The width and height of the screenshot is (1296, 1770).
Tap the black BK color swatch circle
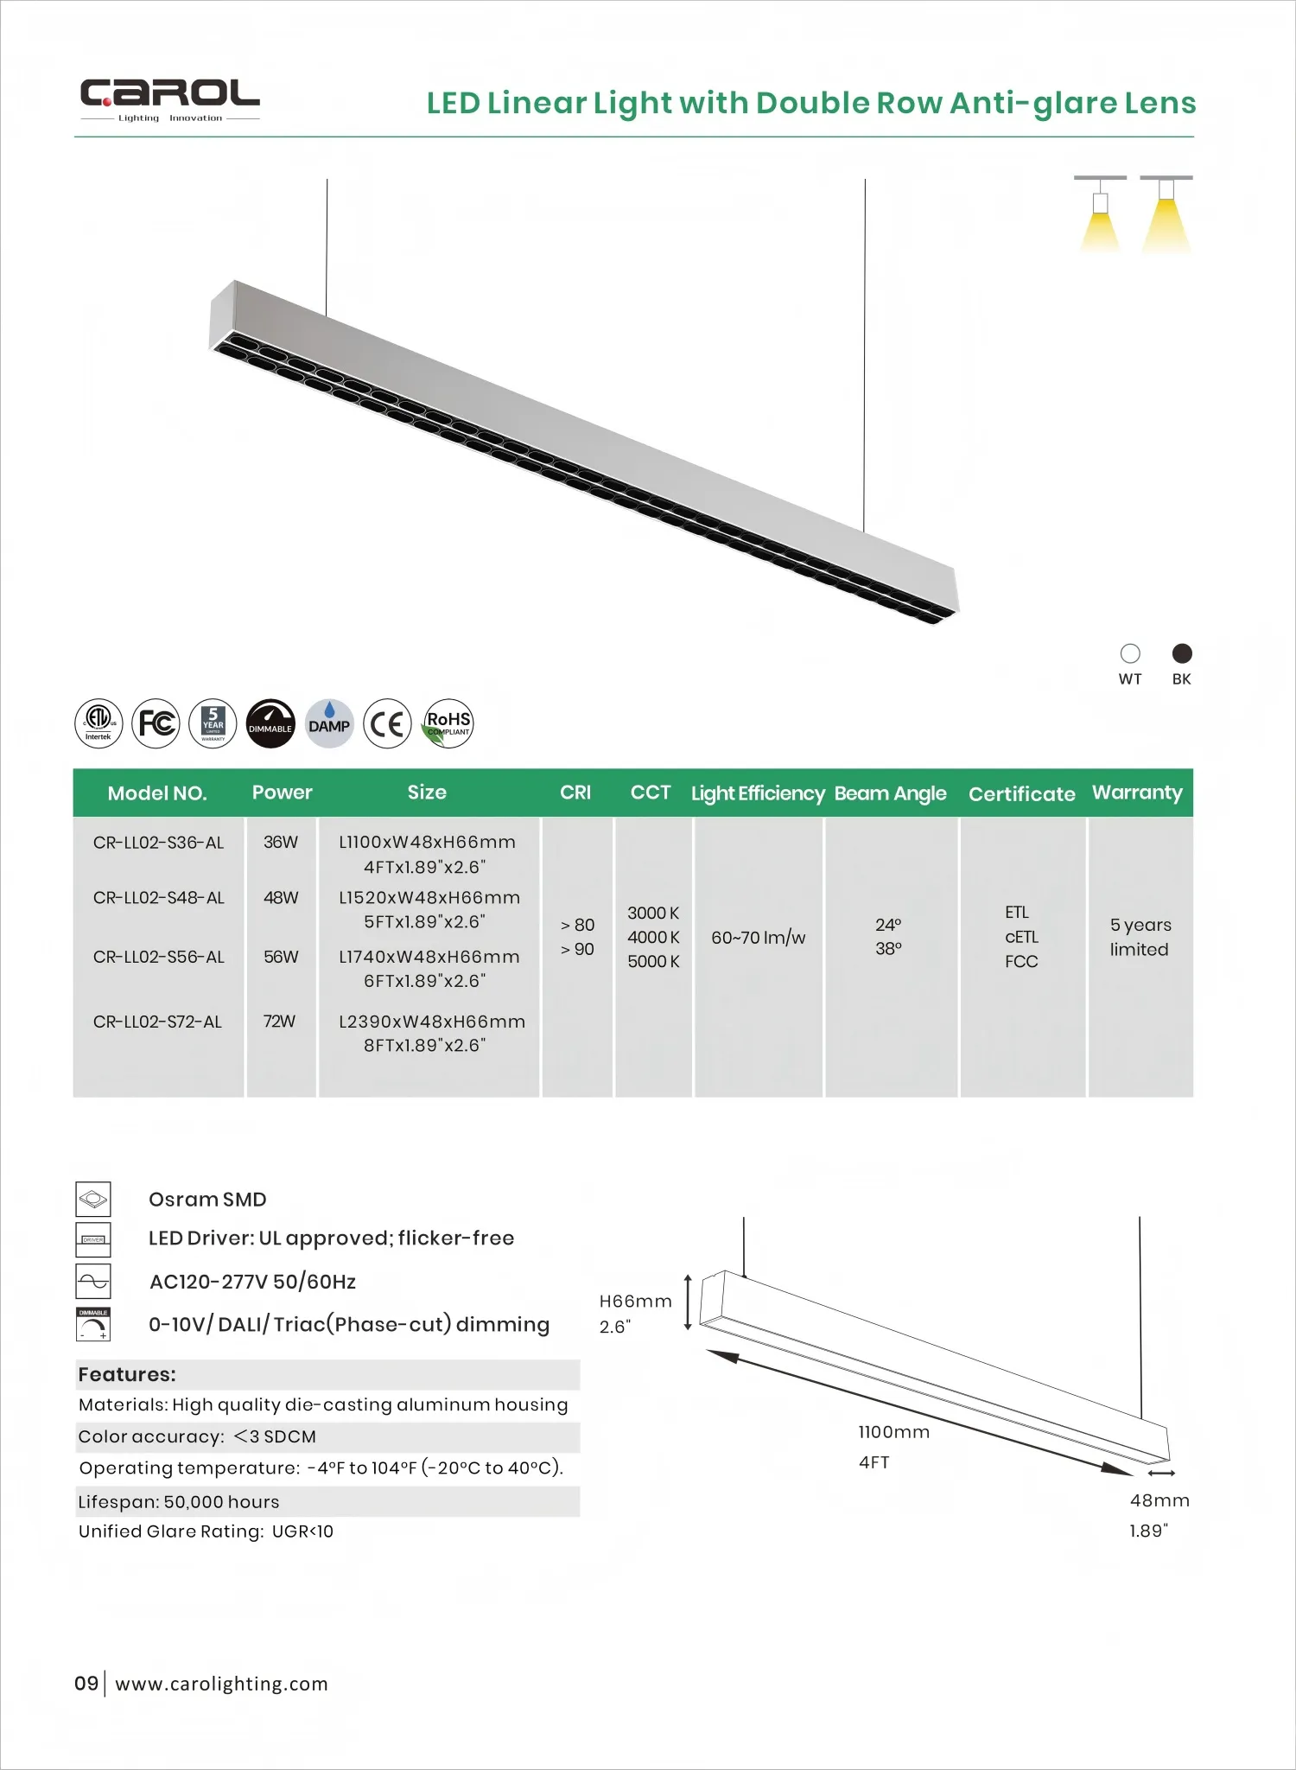point(1182,653)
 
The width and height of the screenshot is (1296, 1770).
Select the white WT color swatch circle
point(1130,653)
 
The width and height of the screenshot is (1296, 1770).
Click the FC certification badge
point(156,723)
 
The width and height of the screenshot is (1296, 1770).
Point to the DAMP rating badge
point(329,723)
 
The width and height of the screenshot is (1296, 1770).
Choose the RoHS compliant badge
point(448,723)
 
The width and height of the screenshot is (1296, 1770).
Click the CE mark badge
point(387,723)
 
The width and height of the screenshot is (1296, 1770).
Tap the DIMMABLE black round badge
point(270,723)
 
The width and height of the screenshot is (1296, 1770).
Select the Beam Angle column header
point(890,793)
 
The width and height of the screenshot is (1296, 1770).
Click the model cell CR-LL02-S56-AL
point(159,957)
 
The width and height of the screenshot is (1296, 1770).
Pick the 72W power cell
point(279,1022)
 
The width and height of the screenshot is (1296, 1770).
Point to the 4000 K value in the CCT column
point(653,937)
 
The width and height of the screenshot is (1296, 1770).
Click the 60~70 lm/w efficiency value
point(758,938)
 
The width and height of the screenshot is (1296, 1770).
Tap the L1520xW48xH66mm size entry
point(429,898)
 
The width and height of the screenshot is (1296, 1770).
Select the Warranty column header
point(1136,793)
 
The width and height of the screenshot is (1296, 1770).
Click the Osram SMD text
point(207,1200)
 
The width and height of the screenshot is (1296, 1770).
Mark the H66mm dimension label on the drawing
point(635,1302)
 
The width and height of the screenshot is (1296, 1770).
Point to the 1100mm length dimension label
point(893,1432)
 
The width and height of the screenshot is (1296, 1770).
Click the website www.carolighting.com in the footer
point(221,1684)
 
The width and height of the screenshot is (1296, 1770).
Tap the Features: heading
point(127,1374)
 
